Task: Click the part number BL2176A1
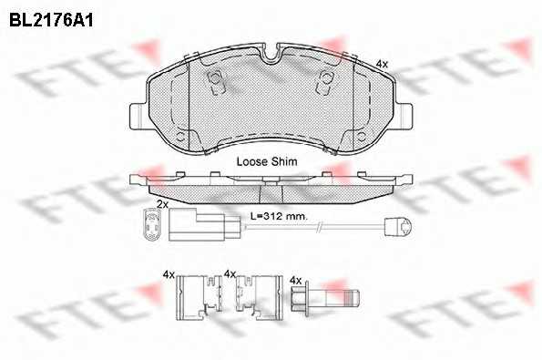(x=51, y=21)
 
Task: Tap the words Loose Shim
(x=267, y=161)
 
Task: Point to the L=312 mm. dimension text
(x=279, y=217)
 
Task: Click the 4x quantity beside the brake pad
(x=382, y=64)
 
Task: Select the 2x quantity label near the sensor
(x=162, y=204)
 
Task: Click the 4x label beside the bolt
(x=296, y=280)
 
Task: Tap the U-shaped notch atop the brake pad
(x=271, y=55)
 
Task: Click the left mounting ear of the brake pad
(x=139, y=117)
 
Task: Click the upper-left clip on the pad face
(x=216, y=82)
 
